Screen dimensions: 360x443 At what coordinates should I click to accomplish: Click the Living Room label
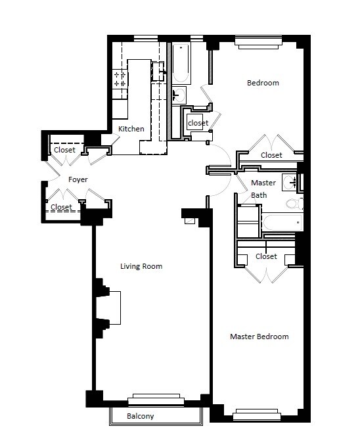click(x=141, y=266)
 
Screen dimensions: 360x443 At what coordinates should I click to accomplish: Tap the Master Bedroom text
click(x=259, y=337)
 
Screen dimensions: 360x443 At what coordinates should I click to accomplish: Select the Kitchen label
click(x=131, y=129)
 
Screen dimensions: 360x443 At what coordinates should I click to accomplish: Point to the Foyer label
click(x=78, y=179)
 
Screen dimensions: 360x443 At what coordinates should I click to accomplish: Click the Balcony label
click(x=141, y=416)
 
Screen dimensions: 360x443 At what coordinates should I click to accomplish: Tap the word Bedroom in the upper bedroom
click(x=263, y=83)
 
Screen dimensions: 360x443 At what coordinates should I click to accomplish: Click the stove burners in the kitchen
click(x=120, y=79)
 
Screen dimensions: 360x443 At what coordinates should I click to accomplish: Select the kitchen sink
click(x=158, y=72)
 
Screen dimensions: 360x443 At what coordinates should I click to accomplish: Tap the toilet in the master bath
click(x=294, y=203)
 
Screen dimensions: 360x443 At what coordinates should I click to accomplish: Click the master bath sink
click(x=290, y=182)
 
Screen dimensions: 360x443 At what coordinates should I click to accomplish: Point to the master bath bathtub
click(x=282, y=223)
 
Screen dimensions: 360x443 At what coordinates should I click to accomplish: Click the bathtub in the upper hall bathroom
click(x=181, y=63)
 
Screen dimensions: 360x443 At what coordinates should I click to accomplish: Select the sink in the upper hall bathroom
click(x=179, y=95)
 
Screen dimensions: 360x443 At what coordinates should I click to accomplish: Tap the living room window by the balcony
click(x=156, y=400)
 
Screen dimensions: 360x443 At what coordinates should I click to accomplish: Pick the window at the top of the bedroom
click(x=259, y=42)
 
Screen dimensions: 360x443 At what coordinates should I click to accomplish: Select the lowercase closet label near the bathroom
click(x=198, y=123)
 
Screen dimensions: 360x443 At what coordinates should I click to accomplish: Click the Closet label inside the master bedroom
click(x=266, y=256)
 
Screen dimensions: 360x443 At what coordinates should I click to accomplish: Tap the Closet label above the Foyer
click(x=64, y=150)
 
